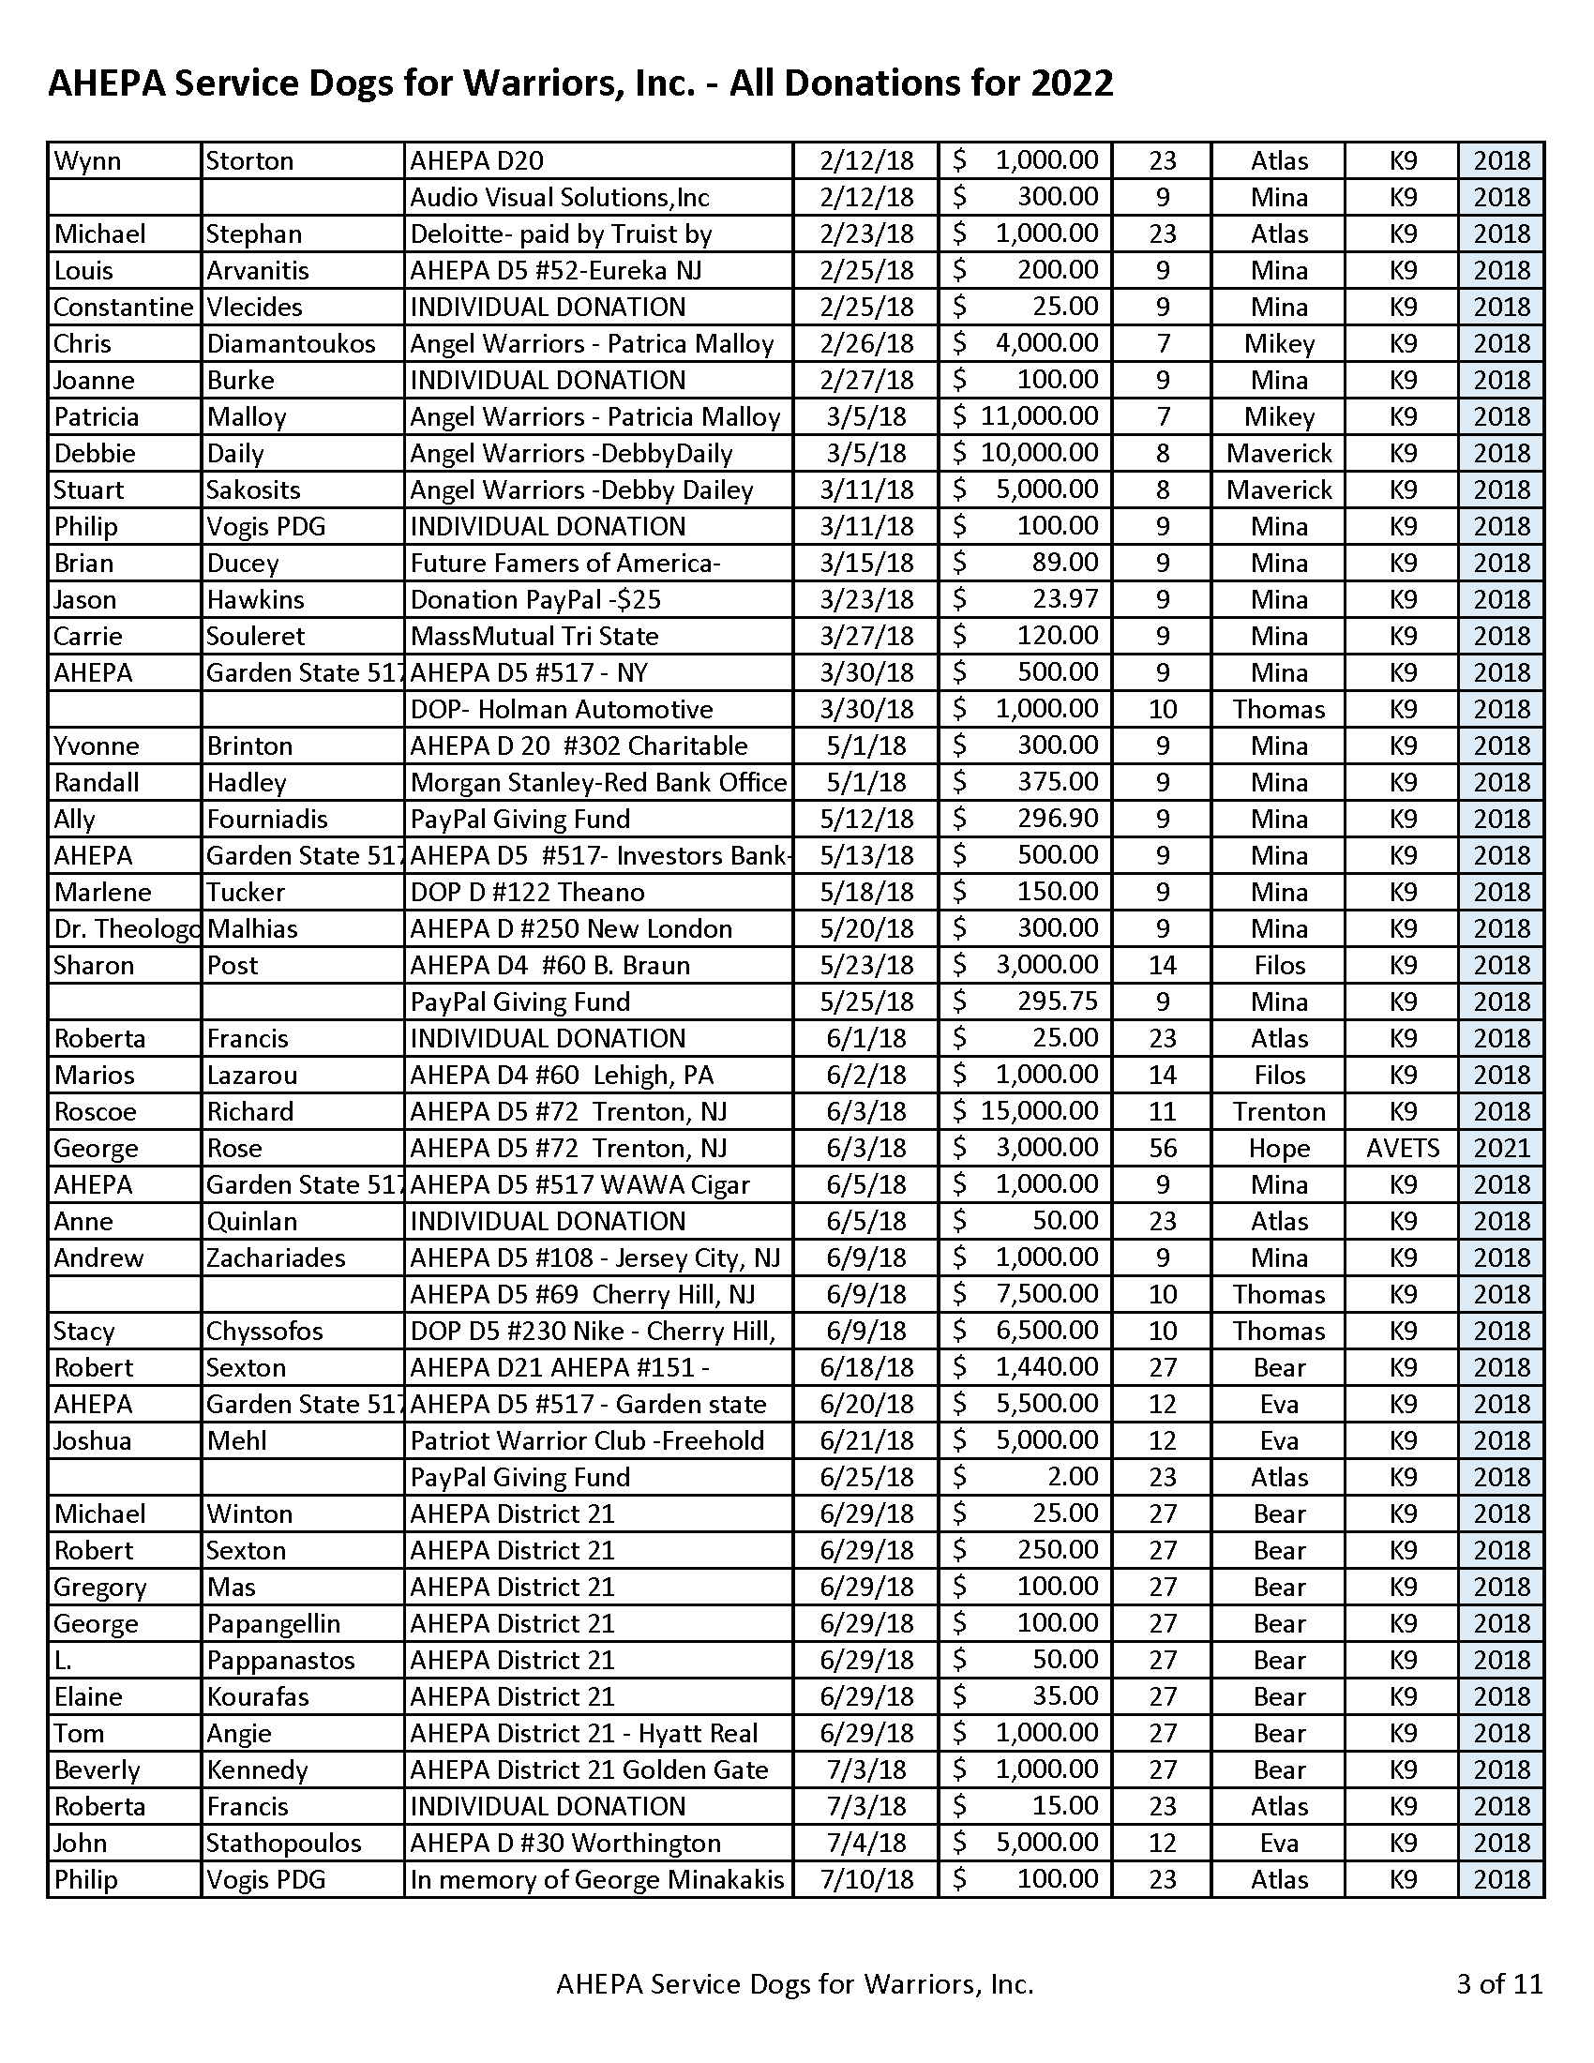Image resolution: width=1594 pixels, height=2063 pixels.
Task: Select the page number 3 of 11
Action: tap(1498, 1982)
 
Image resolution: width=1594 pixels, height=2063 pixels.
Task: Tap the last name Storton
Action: tap(250, 160)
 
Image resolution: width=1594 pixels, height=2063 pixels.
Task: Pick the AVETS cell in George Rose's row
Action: tap(1403, 1148)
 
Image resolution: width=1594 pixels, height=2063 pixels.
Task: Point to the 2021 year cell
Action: tap(1501, 1148)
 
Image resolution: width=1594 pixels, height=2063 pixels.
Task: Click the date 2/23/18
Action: tap(866, 234)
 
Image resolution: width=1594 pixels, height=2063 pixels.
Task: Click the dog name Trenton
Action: tap(1279, 1111)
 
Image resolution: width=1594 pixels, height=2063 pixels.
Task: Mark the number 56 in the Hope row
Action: tap(1163, 1148)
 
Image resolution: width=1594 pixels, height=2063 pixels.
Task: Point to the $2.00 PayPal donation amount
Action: tap(1073, 1476)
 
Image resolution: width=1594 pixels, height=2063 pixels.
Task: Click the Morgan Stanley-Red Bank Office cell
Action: tap(599, 782)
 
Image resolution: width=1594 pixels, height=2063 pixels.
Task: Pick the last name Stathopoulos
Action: tap(284, 1843)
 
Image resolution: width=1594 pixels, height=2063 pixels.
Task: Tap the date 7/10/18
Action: tap(866, 1880)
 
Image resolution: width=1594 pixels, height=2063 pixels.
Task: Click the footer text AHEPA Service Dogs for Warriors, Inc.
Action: tap(795, 1982)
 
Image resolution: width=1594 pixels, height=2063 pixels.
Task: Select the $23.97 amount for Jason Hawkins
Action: tap(1058, 600)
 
